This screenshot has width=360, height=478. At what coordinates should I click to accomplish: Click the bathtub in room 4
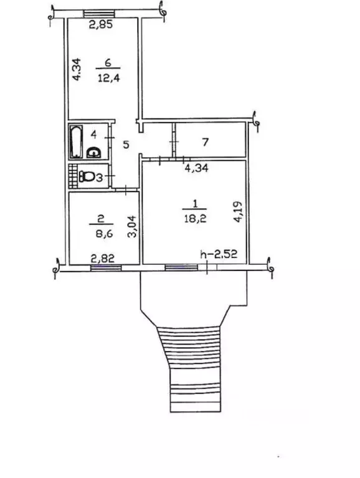[76, 141]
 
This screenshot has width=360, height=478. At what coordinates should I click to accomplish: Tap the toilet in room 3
[87, 176]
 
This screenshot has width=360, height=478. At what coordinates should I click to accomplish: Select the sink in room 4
[94, 152]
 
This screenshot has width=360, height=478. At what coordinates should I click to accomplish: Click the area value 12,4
[109, 78]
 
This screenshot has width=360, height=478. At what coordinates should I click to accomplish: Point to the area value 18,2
[195, 218]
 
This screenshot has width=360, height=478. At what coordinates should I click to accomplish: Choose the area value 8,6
[104, 234]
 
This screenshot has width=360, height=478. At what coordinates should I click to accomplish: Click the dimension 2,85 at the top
[101, 24]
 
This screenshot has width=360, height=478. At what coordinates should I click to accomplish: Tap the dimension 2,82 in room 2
[103, 259]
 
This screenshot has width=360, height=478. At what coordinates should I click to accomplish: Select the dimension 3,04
[133, 226]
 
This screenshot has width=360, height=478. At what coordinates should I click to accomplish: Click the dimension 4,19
[238, 211]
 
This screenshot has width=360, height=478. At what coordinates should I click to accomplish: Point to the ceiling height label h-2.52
[219, 254]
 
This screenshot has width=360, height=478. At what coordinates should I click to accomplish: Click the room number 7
[206, 142]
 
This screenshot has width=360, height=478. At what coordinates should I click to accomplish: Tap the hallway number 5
[126, 145]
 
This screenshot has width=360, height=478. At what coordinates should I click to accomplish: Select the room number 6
[108, 63]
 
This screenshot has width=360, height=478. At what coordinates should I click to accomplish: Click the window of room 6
[99, 13]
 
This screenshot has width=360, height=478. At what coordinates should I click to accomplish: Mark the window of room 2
[106, 268]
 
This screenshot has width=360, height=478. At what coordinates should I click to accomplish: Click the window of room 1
[181, 268]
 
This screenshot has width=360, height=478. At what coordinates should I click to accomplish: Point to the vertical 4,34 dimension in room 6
[77, 69]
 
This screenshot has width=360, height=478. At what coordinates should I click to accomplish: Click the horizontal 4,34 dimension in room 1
[197, 168]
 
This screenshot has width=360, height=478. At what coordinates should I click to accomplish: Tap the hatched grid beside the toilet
[72, 176]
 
